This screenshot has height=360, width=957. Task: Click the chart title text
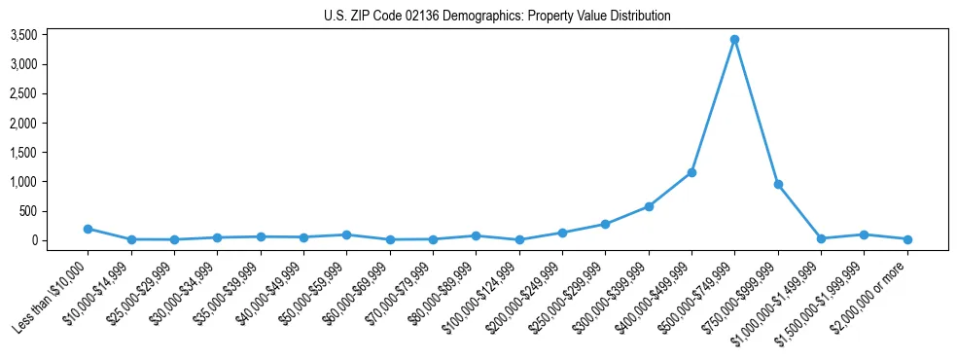pos(497,16)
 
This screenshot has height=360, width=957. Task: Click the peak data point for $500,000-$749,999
pos(734,40)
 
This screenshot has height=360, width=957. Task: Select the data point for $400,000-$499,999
pos(691,172)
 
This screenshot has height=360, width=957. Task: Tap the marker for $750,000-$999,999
pos(778,184)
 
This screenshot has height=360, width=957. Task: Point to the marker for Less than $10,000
pos(88,229)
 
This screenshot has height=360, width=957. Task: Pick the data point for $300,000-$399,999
pos(649,206)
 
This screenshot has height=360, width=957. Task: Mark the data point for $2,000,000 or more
pos(906,239)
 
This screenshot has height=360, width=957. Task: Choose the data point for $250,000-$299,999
pos(605,224)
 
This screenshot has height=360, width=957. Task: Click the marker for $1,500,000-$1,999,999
pos(864,234)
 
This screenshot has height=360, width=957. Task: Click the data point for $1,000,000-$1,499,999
pos(821,238)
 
